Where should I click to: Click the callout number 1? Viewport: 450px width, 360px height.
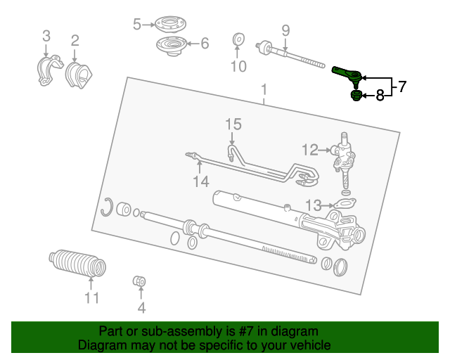coord(264,89)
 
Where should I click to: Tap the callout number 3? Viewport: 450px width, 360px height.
coord(46,36)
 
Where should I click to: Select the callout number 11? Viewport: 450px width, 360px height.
coord(92,297)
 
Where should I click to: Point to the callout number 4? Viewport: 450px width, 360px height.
coord(141,307)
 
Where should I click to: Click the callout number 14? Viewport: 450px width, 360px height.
coord(201,181)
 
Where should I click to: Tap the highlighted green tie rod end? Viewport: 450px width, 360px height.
coord(347,72)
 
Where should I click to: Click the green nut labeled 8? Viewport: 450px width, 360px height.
coord(356,96)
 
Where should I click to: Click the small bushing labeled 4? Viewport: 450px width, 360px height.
coord(139,283)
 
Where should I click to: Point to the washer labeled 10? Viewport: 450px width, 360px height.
coord(238,41)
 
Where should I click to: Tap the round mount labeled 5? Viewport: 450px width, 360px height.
coord(167,24)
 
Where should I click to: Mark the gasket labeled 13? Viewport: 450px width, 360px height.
coord(343,205)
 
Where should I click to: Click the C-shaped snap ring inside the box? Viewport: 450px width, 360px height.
coord(107,207)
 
